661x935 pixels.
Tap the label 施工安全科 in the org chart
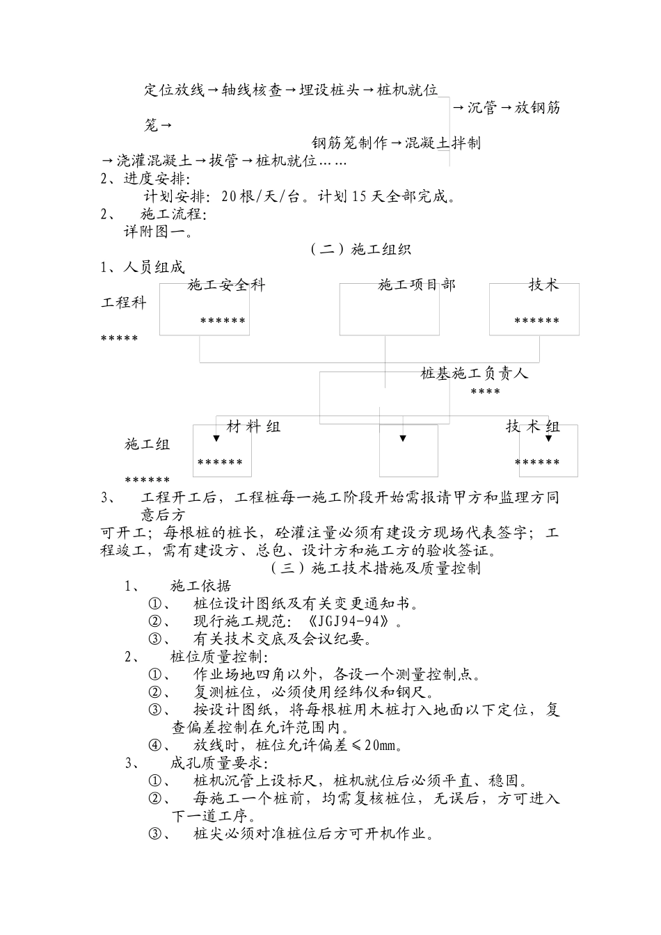227,285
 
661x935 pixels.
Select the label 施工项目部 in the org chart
417,285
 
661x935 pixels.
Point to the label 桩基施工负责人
475,374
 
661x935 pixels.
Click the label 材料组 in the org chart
254,426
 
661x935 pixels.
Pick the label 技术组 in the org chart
533,426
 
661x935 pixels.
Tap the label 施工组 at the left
148,445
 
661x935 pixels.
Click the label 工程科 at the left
124,303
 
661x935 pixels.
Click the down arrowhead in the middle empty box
402,438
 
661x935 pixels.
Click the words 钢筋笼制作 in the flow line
349,143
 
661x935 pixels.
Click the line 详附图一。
159,232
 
